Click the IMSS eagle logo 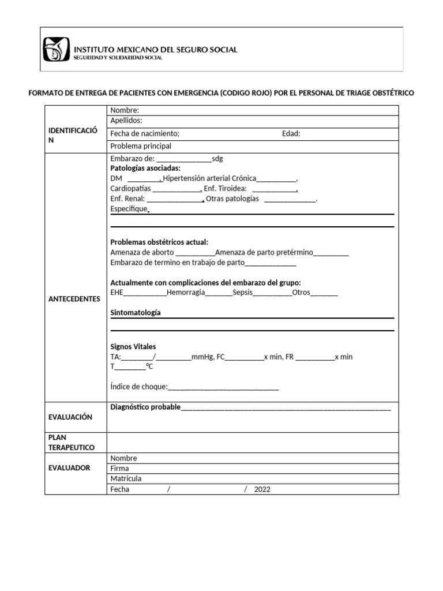click(56, 49)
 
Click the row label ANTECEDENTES click(74, 299)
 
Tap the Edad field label click(291, 133)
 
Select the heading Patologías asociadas click(145, 168)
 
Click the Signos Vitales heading click(133, 346)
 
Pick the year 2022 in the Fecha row click(262, 489)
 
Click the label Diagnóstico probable click(145, 407)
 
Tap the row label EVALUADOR click(69, 467)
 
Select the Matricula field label click(126, 478)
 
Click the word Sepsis click(243, 293)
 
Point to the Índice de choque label click(138, 386)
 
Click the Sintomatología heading click(136, 312)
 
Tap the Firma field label click(119, 468)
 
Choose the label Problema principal click(141, 146)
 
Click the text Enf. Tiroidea click(226, 188)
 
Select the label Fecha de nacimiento click(145, 133)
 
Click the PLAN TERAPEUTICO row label click(71, 442)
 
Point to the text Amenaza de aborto click(141, 252)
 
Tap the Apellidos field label click(126, 121)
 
